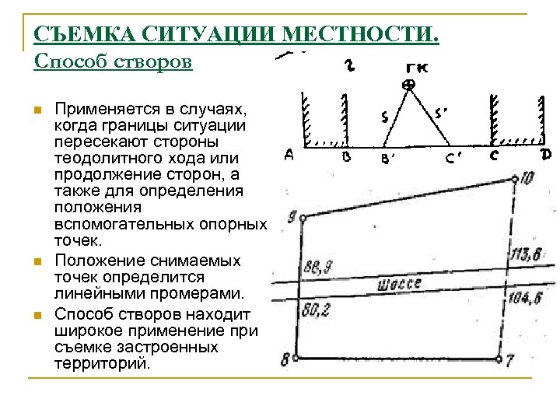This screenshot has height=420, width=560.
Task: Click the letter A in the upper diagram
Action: (x=288, y=156)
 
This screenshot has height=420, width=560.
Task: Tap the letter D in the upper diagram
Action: (x=546, y=156)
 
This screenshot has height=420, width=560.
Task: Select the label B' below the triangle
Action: (x=388, y=158)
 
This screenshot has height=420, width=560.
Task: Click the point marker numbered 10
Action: (x=516, y=180)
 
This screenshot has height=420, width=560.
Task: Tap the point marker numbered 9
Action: (x=302, y=217)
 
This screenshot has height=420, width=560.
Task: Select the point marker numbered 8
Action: (x=296, y=359)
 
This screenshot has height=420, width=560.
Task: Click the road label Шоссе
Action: (x=400, y=284)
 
